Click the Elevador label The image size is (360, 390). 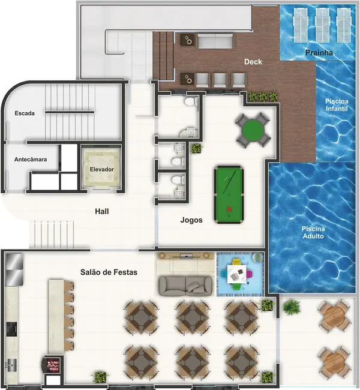click(x=102, y=169)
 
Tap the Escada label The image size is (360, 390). click(x=25, y=113)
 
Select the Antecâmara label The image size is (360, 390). click(x=31, y=159)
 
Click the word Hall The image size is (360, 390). click(x=102, y=211)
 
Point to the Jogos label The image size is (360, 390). click(x=191, y=220)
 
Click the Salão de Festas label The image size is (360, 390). click(x=109, y=272)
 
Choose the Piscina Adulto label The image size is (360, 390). click(x=313, y=233)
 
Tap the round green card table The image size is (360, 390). click(x=252, y=130)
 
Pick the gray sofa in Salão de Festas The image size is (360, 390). click(x=184, y=285)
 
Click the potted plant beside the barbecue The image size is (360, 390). click(x=100, y=377)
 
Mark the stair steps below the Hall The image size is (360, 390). click(x=52, y=232)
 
